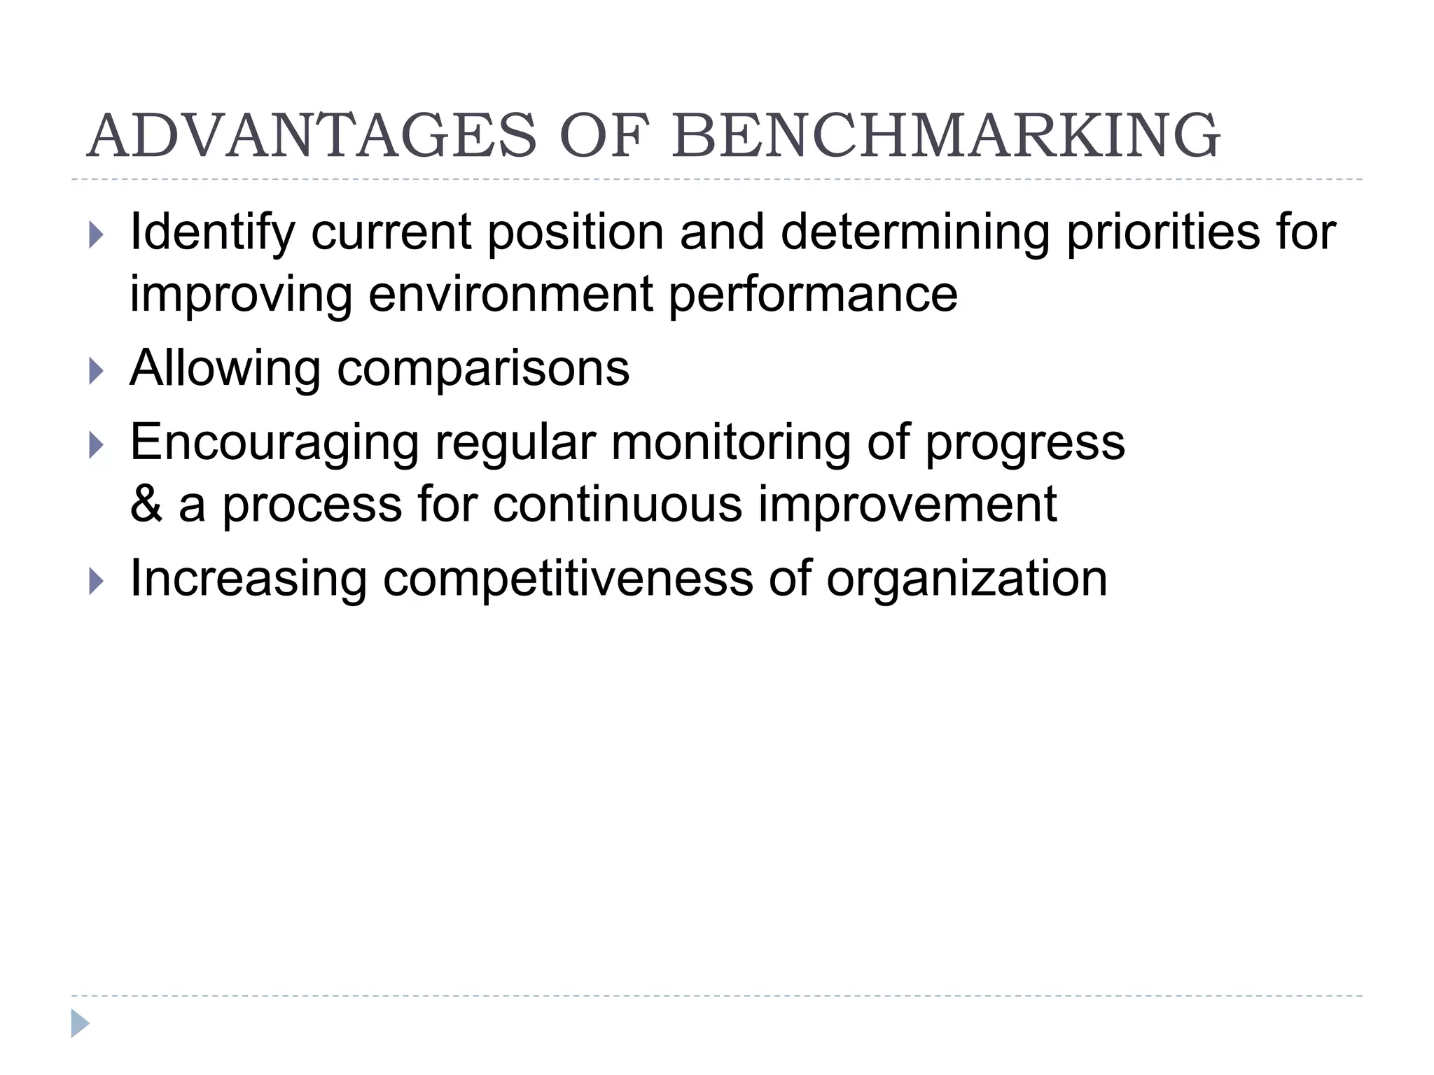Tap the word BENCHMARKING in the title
coord(946,136)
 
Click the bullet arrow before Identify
coord(96,235)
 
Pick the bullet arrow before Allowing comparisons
coord(96,371)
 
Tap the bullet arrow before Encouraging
coord(96,445)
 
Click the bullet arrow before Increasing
coord(96,581)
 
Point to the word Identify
coord(212,234)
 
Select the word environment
coord(510,294)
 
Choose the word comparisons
coord(483,370)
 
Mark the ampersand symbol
coord(146,504)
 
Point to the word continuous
coord(617,504)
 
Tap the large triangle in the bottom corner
coord(80,1024)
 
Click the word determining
coord(914,234)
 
